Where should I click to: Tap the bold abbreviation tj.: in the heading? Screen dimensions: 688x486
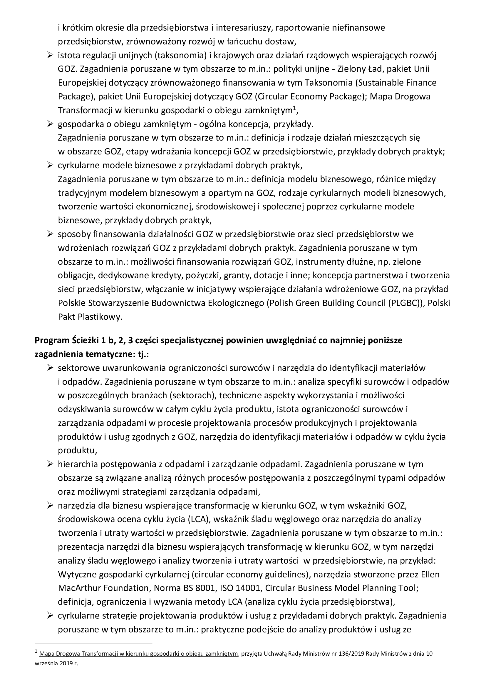[142, 354]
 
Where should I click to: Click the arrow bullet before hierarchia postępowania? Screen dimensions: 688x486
[50, 464]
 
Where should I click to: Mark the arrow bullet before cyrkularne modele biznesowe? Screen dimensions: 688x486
[50, 165]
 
